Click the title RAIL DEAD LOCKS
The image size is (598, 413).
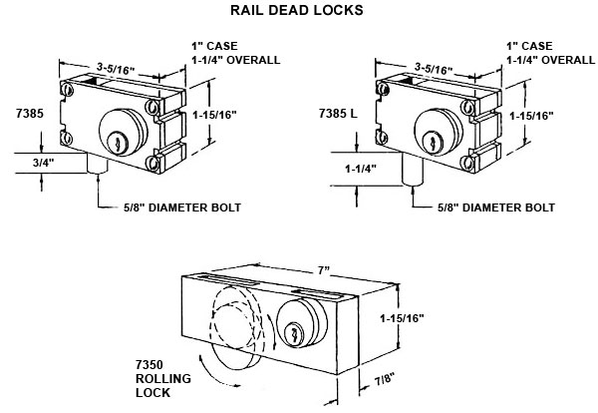[299, 11]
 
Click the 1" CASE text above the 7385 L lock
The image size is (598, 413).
[528, 46]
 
